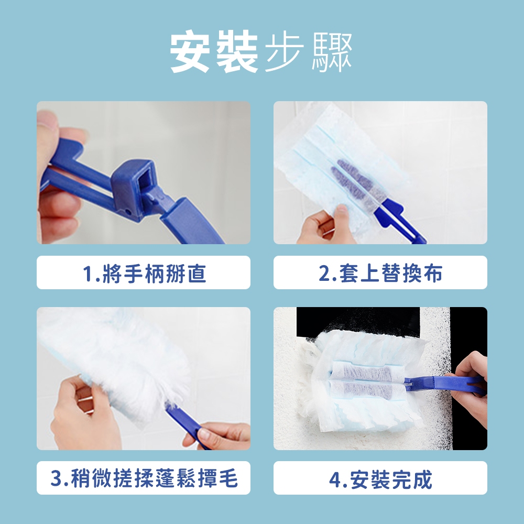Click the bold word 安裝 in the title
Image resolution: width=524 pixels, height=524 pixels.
(214, 51)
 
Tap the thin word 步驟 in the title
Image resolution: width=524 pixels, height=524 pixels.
(308, 52)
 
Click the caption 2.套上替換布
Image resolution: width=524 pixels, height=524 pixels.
(380, 273)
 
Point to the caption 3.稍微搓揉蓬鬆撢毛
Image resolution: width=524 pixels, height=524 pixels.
(144, 478)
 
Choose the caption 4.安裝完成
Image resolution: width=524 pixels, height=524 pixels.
(380, 479)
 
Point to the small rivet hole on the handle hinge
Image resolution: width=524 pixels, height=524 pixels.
(128, 211)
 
